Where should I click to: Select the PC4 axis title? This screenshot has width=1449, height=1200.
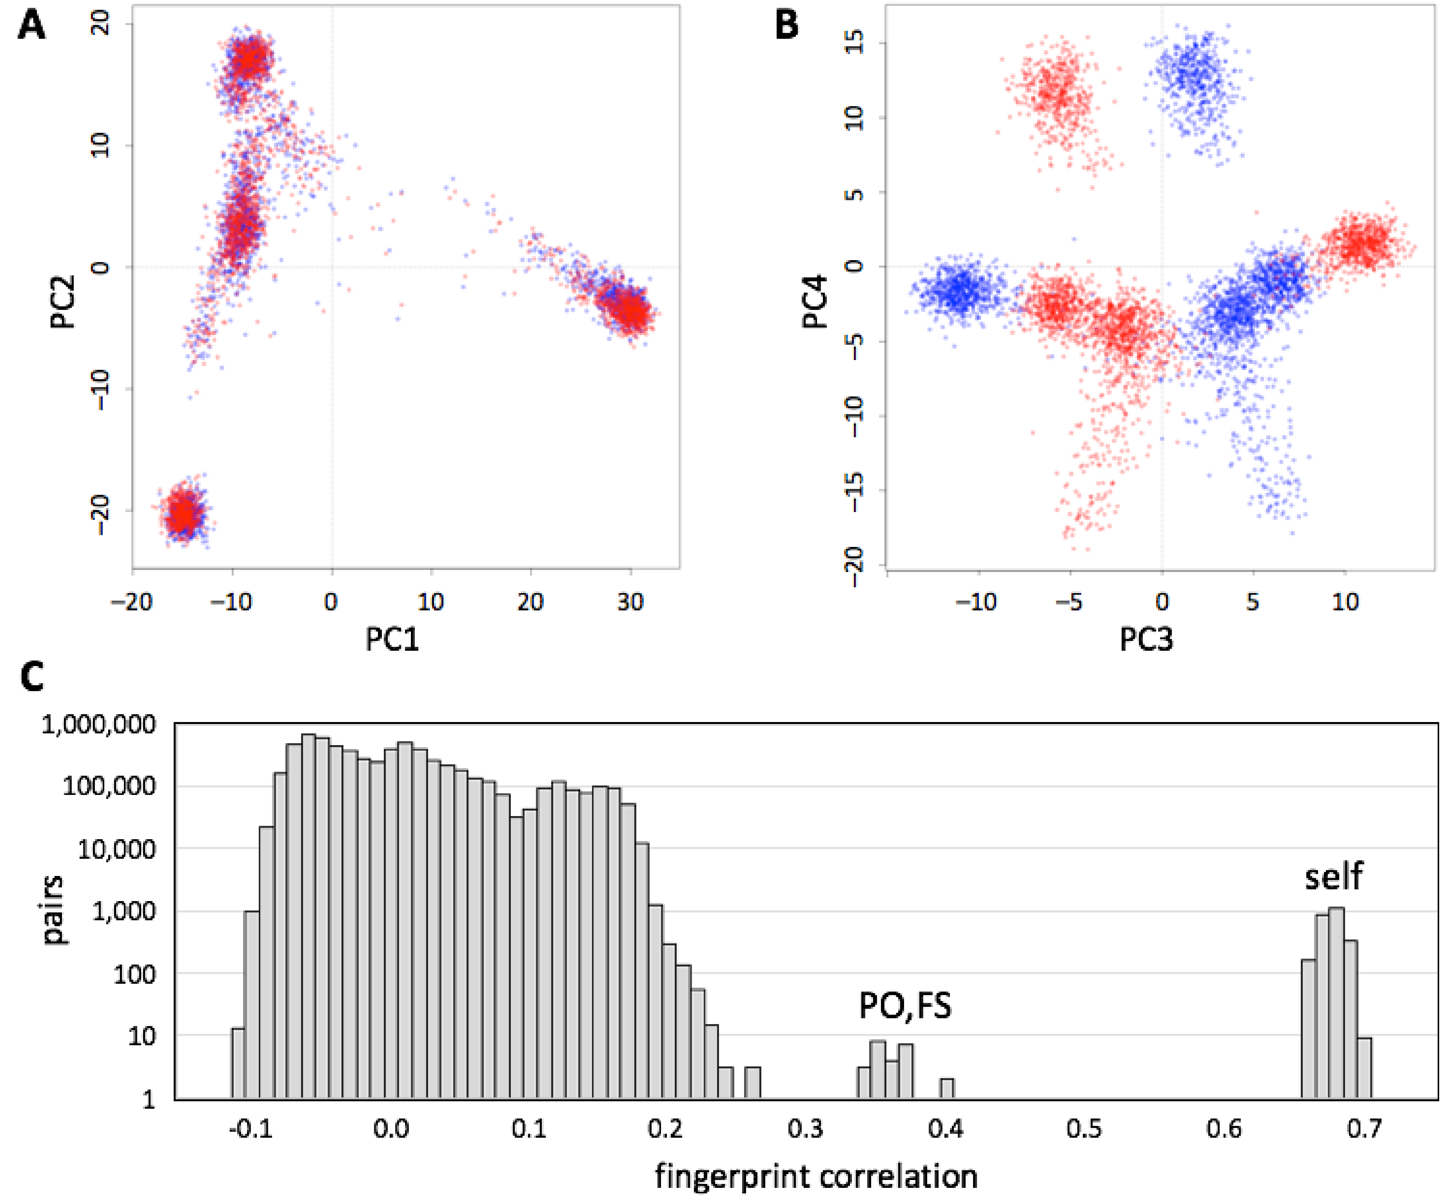tap(815, 301)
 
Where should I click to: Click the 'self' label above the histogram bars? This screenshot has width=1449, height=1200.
tap(1333, 876)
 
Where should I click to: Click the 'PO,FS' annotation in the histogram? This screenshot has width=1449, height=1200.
tap(904, 1006)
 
